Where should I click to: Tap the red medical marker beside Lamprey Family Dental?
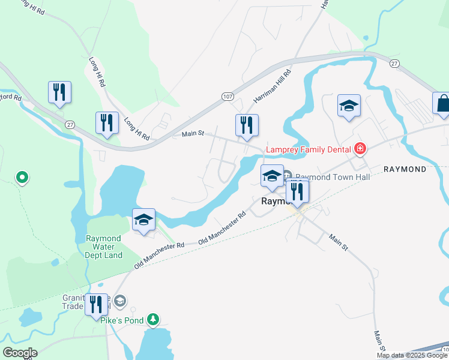click(x=360, y=148)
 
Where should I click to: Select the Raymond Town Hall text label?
click(x=332, y=177)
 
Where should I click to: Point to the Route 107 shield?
click(x=227, y=96)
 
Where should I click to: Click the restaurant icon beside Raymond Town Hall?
click(x=297, y=191)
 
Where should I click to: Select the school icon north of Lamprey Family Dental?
click(x=349, y=106)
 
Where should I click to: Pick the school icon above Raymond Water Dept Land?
click(x=144, y=220)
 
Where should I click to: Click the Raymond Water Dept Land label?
click(x=104, y=247)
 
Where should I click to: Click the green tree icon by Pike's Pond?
click(x=154, y=319)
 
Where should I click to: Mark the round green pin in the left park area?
click(x=22, y=177)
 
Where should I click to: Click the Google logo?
click(x=20, y=353)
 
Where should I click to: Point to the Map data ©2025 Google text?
click(x=412, y=356)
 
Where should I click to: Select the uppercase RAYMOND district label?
click(x=405, y=169)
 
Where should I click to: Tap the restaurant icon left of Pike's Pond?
click(x=95, y=305)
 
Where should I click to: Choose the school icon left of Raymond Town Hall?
click(x=272, y=176)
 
